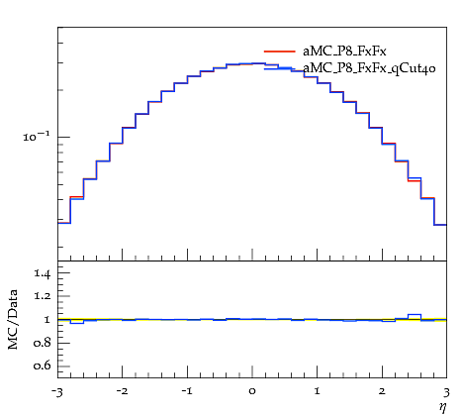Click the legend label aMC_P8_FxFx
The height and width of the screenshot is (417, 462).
(344, 52)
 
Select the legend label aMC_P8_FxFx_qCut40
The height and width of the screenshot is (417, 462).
(369, 68)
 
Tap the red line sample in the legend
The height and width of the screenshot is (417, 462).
(280, 52)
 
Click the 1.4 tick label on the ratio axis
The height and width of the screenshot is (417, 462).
(43, 273)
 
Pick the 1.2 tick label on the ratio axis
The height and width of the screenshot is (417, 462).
(43, 296)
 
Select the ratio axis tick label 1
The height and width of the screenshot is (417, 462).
(46, 320)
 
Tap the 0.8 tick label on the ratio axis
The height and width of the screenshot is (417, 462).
(43, 343)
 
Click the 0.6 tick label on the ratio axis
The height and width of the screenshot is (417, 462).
(43, 365)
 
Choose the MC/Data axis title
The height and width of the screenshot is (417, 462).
(13, 319)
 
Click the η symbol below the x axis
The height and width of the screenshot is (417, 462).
(442, 407)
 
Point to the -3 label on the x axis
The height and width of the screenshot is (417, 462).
(58, 392)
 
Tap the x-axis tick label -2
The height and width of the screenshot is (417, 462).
(122, 391)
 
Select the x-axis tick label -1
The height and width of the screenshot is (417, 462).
(187, 391)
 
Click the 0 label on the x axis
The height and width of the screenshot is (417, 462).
(252, 392)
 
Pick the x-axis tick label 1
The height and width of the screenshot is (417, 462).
(318, 391)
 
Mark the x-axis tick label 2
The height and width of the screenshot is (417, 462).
(382, 391)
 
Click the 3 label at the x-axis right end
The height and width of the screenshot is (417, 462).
(447, 392)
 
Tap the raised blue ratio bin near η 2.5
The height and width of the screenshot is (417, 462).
(415, 315)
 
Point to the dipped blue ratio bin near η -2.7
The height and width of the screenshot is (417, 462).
(77, 323)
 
